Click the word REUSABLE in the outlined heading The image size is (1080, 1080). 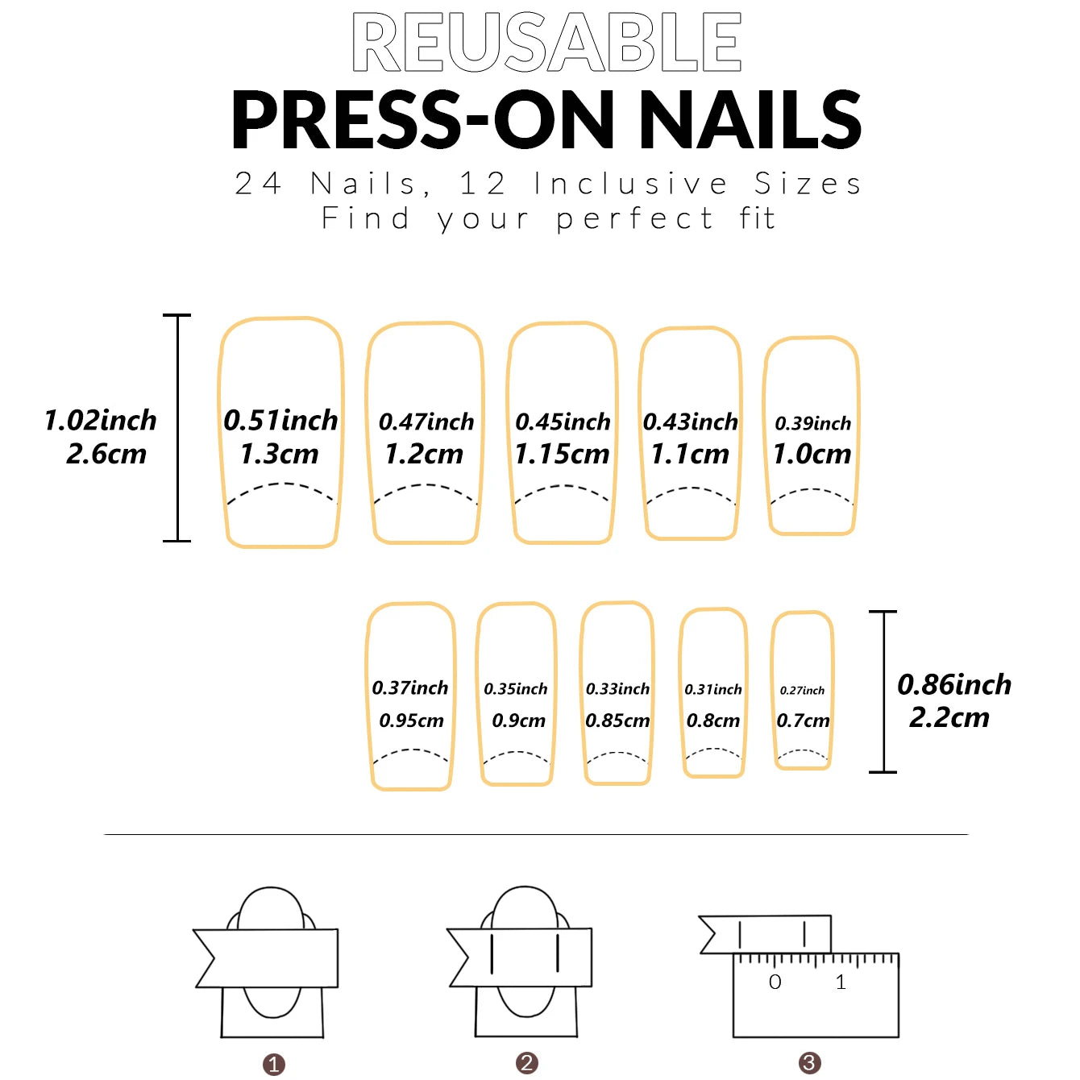click(x=546, y=43)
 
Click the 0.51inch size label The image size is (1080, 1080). click(x=280, y=421)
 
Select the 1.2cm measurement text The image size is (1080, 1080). click(x=424, y=454)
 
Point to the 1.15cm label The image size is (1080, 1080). click(x=562, y=454)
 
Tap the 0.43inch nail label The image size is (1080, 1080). click(x=691, y=422)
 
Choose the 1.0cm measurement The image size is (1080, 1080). click(x=812, y=454)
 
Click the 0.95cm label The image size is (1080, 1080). click(x=411, y=721)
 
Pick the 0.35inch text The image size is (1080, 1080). click(x=516, y=689)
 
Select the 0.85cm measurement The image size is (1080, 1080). click(x=617, y=721)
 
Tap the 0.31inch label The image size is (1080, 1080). click(x=713, y=689)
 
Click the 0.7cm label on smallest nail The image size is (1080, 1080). click(x=803, y=721)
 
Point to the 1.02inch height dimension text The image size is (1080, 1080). click(x=100, y=421)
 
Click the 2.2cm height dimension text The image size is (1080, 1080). click(x=949, y=717)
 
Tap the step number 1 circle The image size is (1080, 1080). click(x=273, y=1065)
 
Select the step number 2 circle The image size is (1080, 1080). click(x=527, y=1062)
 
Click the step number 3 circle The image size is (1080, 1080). click(x=809, y=1062)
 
